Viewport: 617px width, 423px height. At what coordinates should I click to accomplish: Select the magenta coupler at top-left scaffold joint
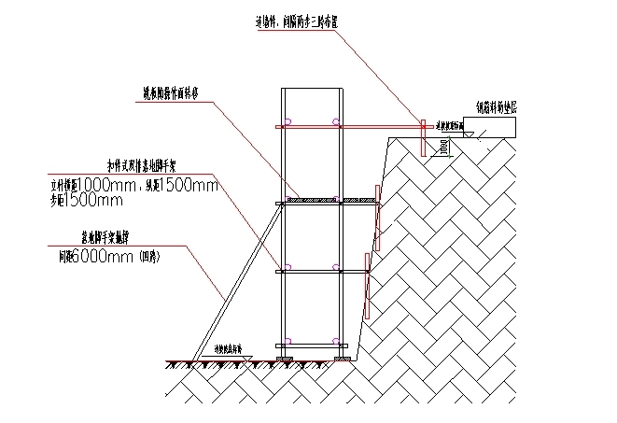289,120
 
